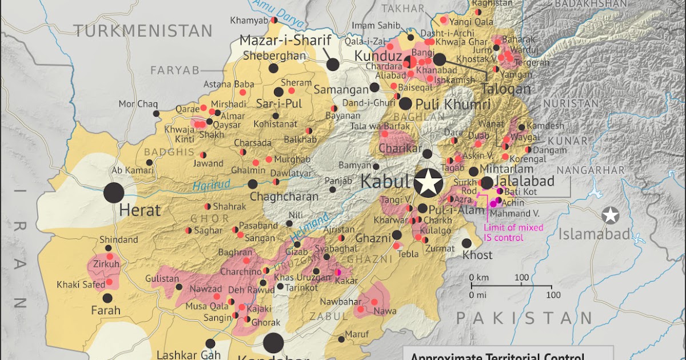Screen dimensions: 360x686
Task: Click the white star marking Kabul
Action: pyautogui.click(x=428, y=183)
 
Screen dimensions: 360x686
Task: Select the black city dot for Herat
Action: pyautogui.click(x=114, y=193)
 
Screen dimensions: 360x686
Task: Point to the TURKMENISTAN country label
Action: pyautogui.click(x=143, y=31)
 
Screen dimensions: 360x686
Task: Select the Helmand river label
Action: pyautogui.click(x=309, y=226)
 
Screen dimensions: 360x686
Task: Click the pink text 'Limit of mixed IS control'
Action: pyautogui.click(x=513, y=232)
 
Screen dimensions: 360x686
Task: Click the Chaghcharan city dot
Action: pyautogui.click(x=253, y=184)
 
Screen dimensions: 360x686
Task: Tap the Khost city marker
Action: pyautogui.click(x=466, y=243)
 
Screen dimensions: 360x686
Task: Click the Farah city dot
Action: pyautogui.click(x=107, y=298)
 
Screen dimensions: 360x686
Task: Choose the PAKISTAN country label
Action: pyautogui.click(x=524, y=318)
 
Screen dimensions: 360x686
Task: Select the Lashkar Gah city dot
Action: pyautogui.click(x=210, y=343)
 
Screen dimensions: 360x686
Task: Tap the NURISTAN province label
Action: pyautogui.click(x=571, y=103)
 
